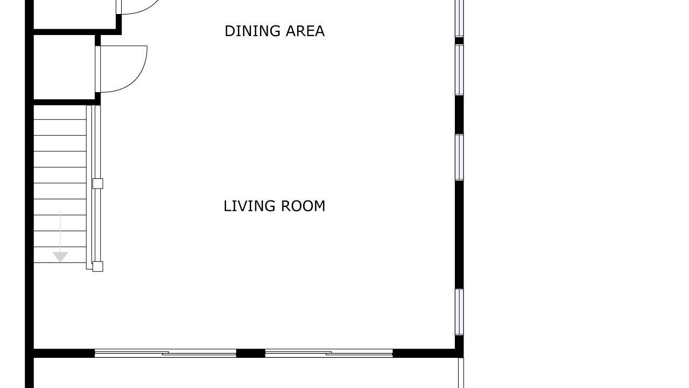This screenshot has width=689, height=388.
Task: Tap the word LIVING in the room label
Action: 249,206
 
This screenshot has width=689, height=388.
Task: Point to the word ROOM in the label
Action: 303,206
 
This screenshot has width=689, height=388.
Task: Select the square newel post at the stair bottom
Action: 98,266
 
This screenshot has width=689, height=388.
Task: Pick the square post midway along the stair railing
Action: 98,184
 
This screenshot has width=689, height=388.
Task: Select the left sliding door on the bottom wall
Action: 165,353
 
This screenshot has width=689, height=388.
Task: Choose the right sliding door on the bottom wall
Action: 329,353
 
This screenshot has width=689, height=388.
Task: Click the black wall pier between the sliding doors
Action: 251,353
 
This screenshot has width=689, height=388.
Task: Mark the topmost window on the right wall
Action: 459,18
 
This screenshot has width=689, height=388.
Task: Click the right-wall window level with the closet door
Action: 459,70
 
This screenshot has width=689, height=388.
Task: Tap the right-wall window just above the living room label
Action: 459,157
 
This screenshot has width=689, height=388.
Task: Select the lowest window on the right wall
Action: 459,312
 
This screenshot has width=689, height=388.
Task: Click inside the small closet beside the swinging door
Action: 64,67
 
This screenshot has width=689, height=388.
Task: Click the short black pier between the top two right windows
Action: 459,40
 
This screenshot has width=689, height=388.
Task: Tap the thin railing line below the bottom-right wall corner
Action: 461,373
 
